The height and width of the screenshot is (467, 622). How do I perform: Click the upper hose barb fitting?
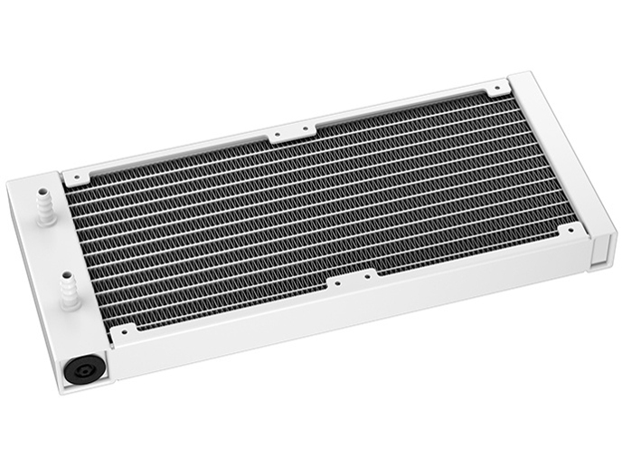click(43, 205)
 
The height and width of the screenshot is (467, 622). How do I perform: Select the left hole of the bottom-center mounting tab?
click(336, 281)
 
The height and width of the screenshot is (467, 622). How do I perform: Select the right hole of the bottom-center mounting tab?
click(368, 276)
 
